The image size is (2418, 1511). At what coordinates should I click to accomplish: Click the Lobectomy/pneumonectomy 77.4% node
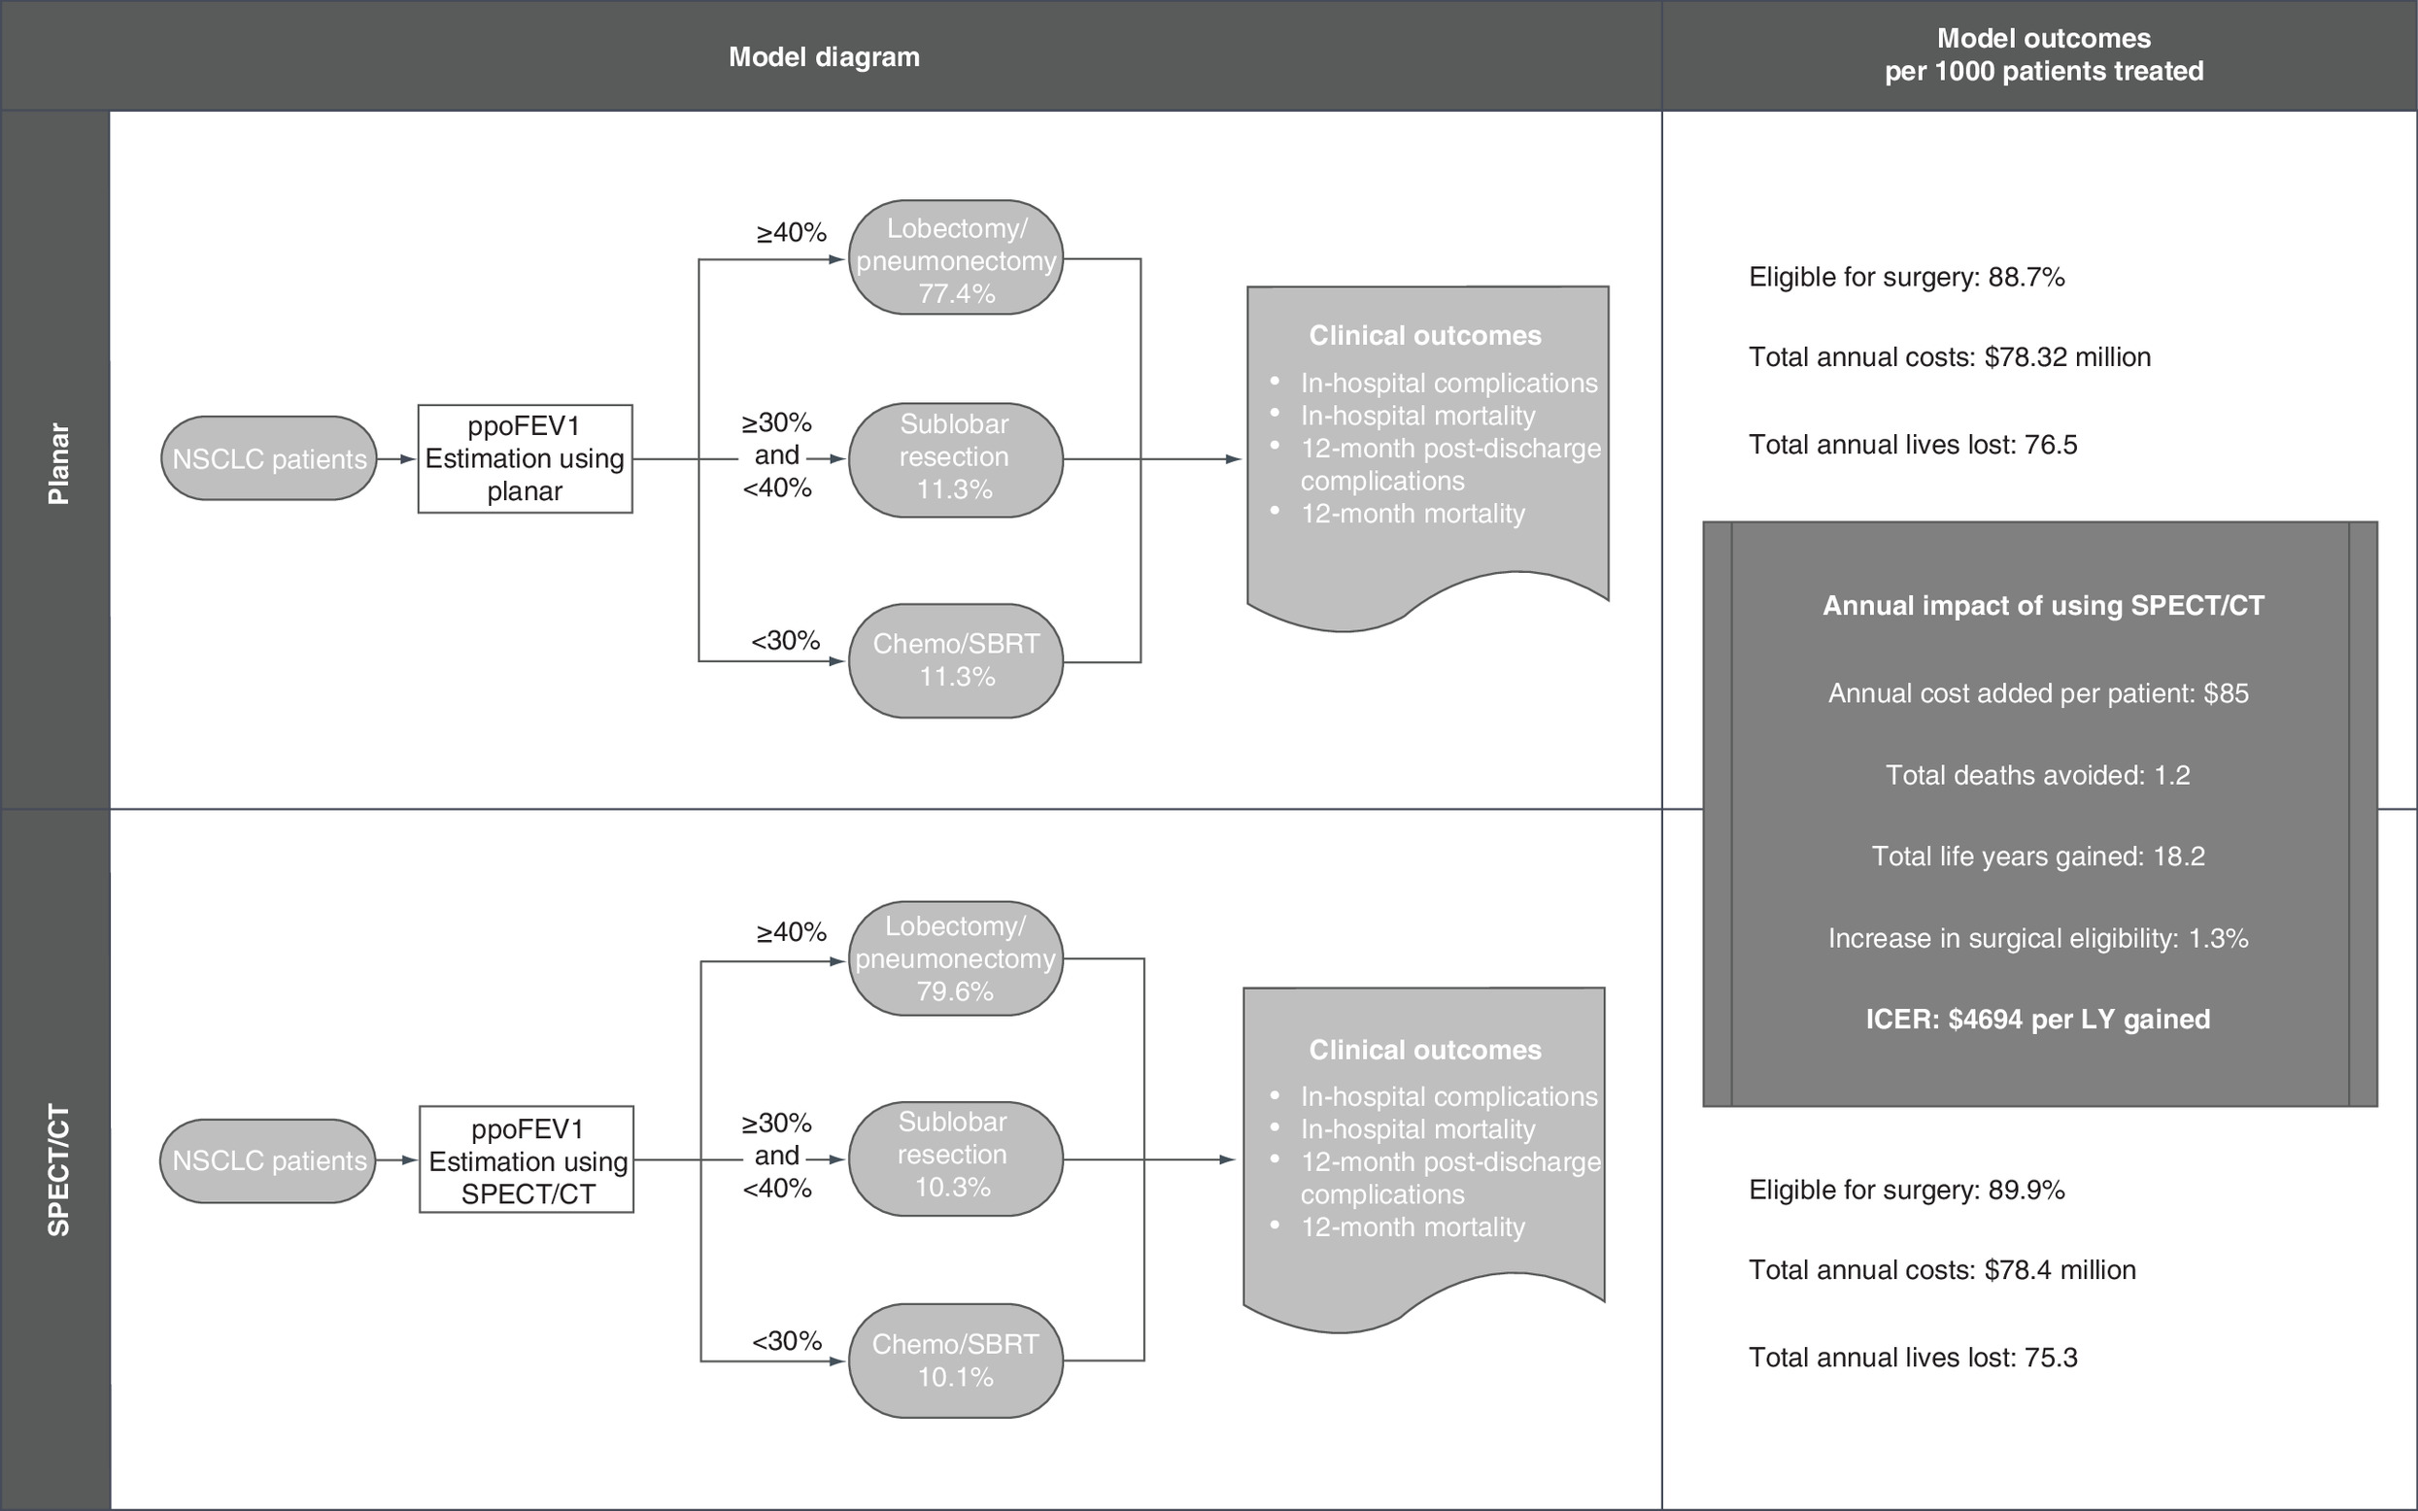click(x=956, y=258)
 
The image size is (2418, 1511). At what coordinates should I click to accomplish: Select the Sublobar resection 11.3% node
click(x=956, y=459)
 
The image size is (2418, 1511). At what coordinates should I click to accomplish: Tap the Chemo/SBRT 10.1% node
click(x=956, y=1360)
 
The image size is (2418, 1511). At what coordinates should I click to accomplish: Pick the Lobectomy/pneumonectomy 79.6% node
click(x=956, y=958)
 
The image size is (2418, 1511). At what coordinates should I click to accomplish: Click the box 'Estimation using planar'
click(x=525, y=458)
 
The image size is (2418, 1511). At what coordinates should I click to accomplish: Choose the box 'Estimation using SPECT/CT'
click(x=527, y=1159)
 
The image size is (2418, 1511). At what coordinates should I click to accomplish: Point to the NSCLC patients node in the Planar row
click(x=269, y=458)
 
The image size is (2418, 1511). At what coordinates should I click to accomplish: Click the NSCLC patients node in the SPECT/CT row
click(x=268, y=1160)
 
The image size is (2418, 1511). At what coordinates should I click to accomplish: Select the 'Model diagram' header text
click(x=824, y=57)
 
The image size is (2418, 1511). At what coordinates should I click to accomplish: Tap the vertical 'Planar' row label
click(x=59, y=464)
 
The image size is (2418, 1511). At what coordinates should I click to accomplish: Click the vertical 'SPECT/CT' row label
click(x=59, y=1170)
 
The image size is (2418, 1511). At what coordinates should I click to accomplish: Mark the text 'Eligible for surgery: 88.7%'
click(x=1906, y=277)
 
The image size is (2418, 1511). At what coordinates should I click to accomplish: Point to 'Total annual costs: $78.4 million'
click(x=1942, y=1269)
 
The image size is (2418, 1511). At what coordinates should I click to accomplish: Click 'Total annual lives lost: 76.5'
click(x=1912, y=445)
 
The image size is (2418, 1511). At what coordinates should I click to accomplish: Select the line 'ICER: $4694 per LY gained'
click(x=2038, y=1020)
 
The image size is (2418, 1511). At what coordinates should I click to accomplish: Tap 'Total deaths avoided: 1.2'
click(x=2038, y=776)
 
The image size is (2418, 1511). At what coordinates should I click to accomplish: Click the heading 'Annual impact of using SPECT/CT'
click(x=2043, y=606)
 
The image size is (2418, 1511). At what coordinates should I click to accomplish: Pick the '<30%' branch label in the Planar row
click(x=786, y=641)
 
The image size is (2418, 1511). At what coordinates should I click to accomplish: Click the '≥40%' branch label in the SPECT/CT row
click(x=792, y=932)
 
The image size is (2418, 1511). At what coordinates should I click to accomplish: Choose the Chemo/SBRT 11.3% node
click(x=956, y=660)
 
